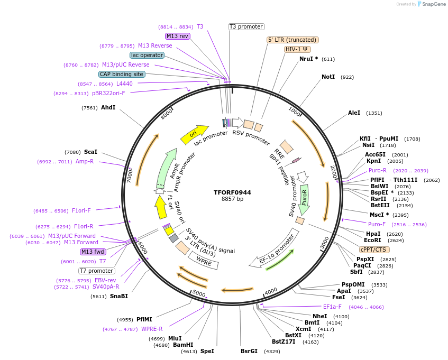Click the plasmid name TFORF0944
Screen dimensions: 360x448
pos(232,192)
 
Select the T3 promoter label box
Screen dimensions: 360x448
pos(246,26)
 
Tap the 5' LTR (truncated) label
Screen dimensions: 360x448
pos(292,40)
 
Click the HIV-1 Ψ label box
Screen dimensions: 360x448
pos(297,49)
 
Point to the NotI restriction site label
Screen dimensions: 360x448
pos(328,77)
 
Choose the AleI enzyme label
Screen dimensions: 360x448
pos(354,113)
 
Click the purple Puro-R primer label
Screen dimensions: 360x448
pos(378,170)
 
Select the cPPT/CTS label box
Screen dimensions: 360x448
pos(374,250)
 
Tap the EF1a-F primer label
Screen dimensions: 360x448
pos(332,307)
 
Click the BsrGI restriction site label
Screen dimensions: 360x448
pos(249,351)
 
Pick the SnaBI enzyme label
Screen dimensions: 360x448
pos(118,296)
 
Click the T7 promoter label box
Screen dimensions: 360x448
pos(97,271)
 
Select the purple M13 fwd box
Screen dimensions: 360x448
pos(93,252)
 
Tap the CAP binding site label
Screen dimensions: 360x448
pos(122,74)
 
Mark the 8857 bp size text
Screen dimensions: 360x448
pos(232,199)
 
